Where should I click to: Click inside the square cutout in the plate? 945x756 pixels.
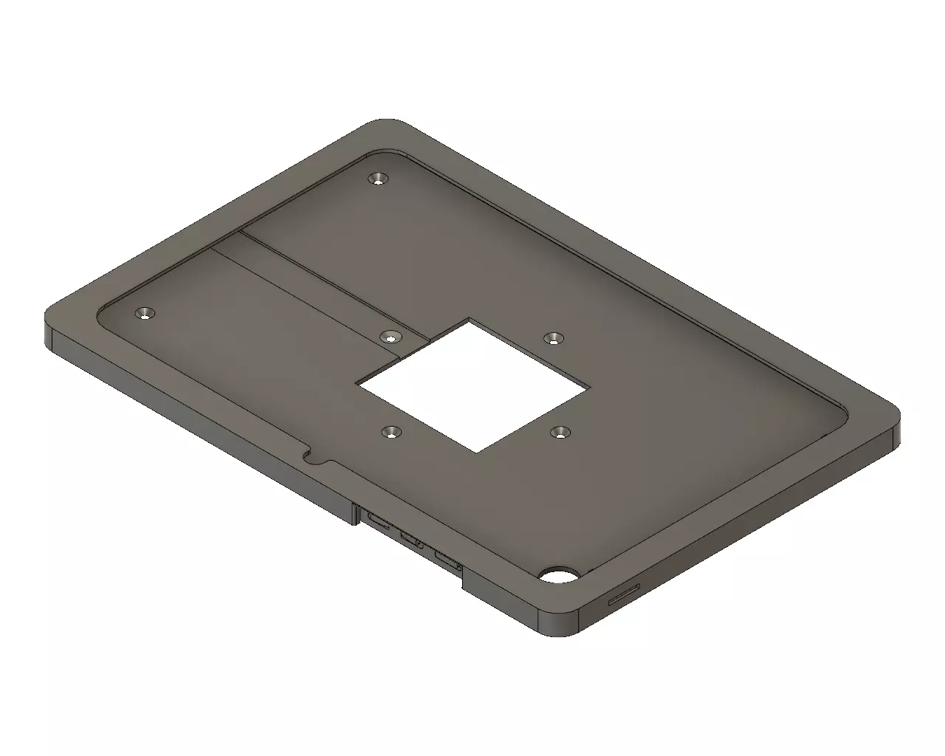tap(472, 384)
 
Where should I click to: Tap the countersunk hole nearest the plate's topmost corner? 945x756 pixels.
tap(379, 179)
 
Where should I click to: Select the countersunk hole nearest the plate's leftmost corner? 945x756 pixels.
tap(146, 315)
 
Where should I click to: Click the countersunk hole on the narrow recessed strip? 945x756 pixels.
tap(390, 337)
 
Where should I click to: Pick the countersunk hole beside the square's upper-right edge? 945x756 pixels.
tap(552, 338)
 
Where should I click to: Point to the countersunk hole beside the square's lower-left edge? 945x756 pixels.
tap(389, 433)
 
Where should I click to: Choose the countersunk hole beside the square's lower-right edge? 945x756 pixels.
tap(561, 431)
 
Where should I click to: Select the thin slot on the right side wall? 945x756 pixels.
tap(624, 595)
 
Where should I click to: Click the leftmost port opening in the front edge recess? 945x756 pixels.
tap(379, 523)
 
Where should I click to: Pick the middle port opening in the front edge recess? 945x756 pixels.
tap(412, 540)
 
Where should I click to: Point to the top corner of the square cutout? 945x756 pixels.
tap(470, 319)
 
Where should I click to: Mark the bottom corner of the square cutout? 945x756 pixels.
tap(477, 452)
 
